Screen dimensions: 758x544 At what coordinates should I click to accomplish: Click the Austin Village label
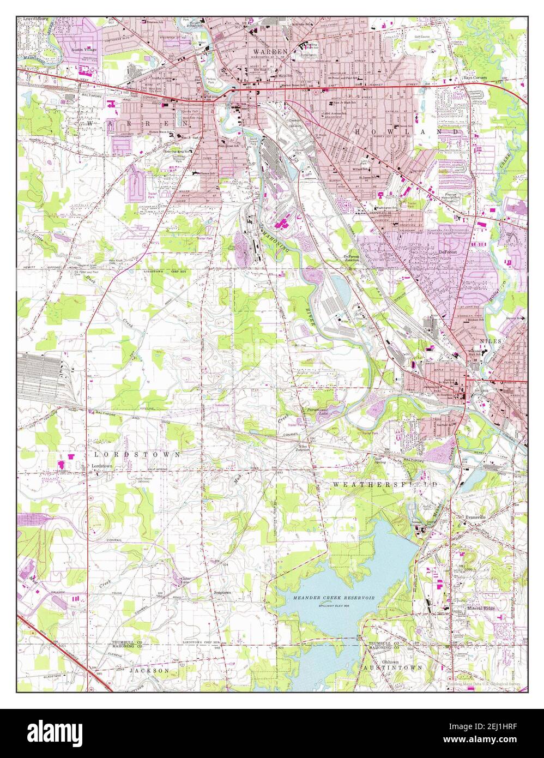pyautogui.click(x=84, y=50)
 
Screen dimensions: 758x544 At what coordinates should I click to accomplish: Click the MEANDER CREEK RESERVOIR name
pyautogui.click(x=326, y=598)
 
